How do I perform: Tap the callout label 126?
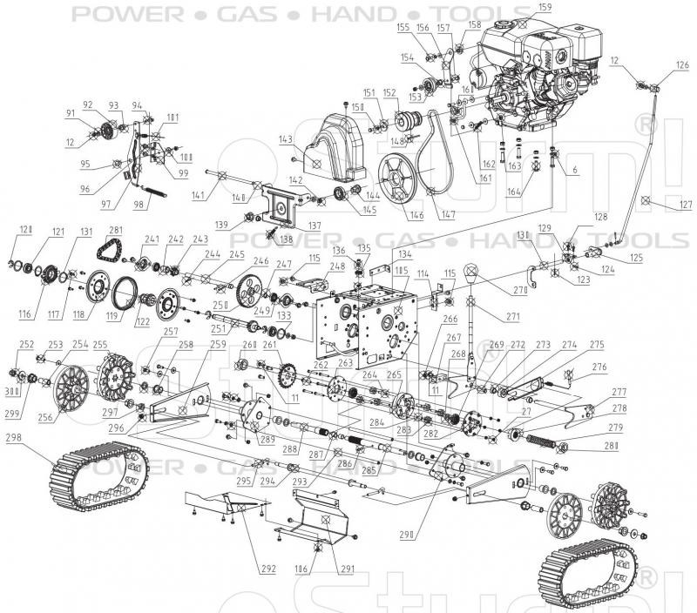tap(682, 64)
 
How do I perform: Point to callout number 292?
tap(268, 569)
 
